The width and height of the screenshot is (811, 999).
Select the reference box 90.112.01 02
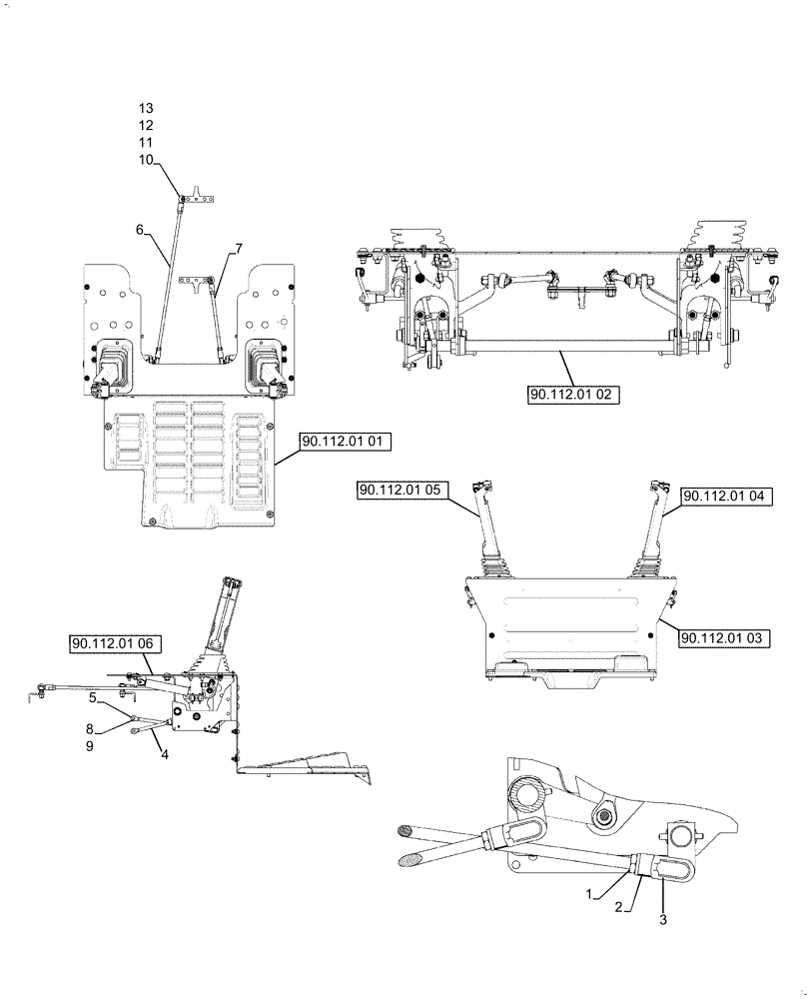(574, 395)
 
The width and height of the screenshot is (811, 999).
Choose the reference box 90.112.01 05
(404, 489)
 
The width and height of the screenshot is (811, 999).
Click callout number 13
(147, 107)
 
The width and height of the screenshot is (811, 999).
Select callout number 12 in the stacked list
(147, 125)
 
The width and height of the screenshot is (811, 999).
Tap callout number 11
(147, 143)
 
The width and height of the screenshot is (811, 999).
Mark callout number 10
(147, 160)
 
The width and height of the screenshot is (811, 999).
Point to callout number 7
(238, 247)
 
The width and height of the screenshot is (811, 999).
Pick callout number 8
(90, 728)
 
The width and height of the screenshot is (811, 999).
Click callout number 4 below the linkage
(165, 754)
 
